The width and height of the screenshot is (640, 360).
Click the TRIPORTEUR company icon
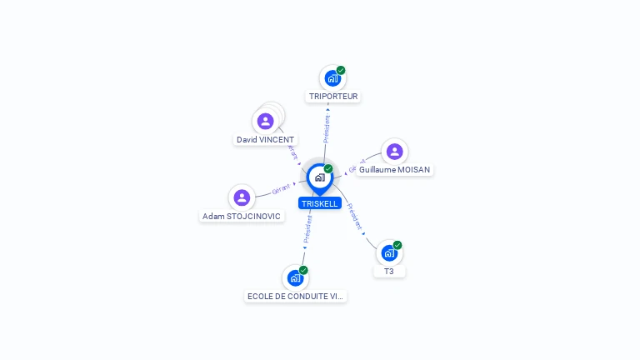coord(332,78)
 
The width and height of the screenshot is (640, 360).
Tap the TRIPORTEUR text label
coord(333,97)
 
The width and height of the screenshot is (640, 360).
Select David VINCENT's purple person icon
coord(266,122)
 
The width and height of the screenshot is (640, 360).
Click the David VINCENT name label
coord(265,140)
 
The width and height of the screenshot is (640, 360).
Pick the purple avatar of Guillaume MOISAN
coord(394,152)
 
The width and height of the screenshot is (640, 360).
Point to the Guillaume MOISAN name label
coord(394,170)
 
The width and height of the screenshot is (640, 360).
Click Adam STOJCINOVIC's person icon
coord(242,197)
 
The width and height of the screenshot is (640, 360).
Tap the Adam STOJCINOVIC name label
coord(242,217)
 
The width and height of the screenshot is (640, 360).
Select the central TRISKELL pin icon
coord(319,177)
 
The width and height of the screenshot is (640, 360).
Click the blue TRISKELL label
coord(320,203)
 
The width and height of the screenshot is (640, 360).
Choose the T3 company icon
coord(388,252)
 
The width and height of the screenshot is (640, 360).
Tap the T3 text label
coord(389,272)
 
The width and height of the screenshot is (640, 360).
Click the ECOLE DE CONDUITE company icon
coord(295,277)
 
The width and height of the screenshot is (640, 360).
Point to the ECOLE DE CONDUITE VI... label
coord(296,297)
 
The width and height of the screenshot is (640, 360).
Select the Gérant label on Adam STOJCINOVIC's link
coord(282,190)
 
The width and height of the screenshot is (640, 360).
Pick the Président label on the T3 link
coord(355,217)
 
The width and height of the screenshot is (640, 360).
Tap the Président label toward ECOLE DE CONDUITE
coord(307,230)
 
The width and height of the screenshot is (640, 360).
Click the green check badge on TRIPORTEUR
coord(341,71)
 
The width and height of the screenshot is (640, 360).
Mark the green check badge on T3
coord(397,245)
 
